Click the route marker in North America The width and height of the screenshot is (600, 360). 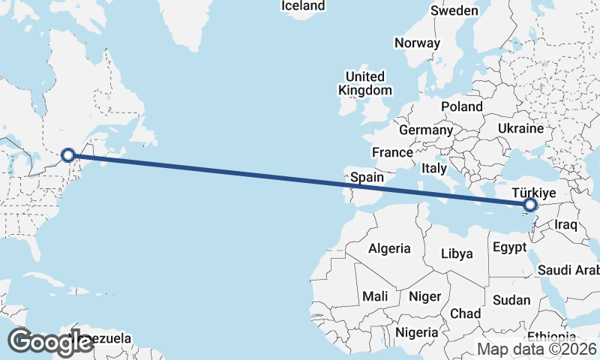click(x=68, y=155)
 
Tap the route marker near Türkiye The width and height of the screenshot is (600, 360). click(x=531, y=205)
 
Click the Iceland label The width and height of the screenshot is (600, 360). click(x=303, y=6)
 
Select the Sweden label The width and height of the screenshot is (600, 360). click(x=454, y=10)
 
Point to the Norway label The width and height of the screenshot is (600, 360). click(x=417, y=43)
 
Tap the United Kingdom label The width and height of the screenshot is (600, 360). click(x=365, y=83)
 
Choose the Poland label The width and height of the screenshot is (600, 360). click(x=462, y=106)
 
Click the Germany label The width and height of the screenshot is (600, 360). click(x=426, y=130)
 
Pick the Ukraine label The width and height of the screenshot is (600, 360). click(x=520, y=129)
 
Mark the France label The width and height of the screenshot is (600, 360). click(x=393, y=152)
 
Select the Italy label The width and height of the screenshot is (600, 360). click(x=434, y=167)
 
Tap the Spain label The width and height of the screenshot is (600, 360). click(x=367, y=178)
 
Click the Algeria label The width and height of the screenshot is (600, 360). click(x=390, y=248)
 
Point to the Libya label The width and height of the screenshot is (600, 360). click(x=457, y=253)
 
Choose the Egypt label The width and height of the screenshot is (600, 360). click(x=510, y=246)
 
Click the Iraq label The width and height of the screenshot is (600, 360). click(x=565, y=224)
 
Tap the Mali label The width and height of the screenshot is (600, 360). click(x=375, y=296)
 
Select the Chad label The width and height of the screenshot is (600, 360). click(x=466, y=313)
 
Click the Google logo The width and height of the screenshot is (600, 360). click(x=51, y=341)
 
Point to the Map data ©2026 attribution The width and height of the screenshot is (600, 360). click(x=537, y=349)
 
